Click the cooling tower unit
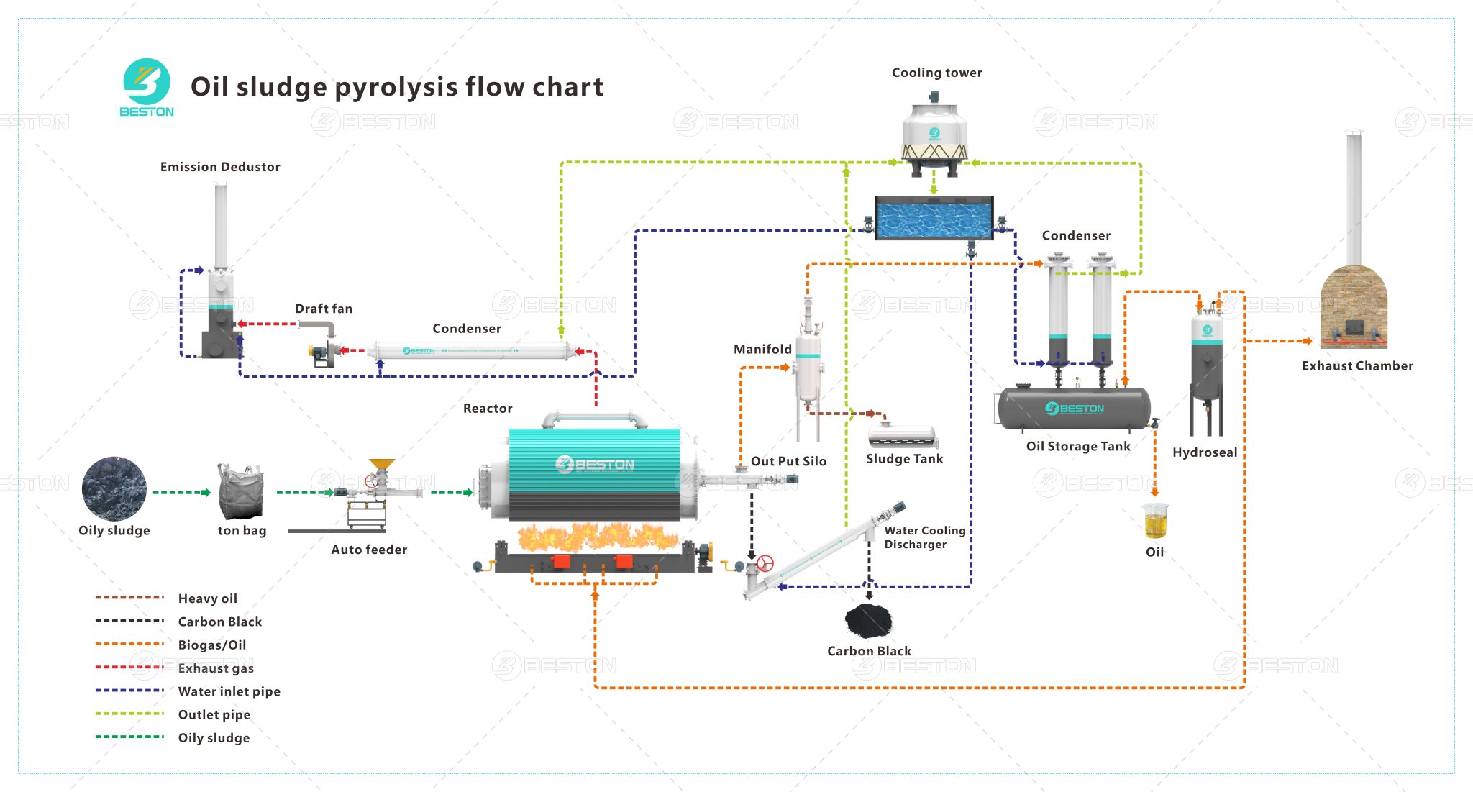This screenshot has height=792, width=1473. [x=934, y=137]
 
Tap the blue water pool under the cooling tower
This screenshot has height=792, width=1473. [x=934, y=218]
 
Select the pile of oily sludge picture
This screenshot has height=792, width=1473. [x=114, y=488]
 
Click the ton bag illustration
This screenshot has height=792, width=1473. [x=241, y=492]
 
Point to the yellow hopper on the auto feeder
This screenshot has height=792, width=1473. [x=381, y=465]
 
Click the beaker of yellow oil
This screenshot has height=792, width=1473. [x=1155, y=522]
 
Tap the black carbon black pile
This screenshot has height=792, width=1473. [x=868, y=620]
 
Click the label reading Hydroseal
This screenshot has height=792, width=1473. [x=1205, y=452]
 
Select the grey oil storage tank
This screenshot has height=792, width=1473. [x=1074, y=409]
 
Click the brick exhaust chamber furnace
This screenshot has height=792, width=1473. [x=1354, y=308]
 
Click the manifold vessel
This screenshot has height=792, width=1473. [x=808, y=367]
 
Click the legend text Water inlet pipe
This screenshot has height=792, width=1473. [x=229, y=691]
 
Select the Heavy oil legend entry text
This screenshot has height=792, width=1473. [x=207, y=598]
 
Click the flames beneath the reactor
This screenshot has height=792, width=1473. [x=597, y=537]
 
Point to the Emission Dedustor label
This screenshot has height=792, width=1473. [x=220, y=167]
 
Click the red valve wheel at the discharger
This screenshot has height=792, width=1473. [x=766, y=563]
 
